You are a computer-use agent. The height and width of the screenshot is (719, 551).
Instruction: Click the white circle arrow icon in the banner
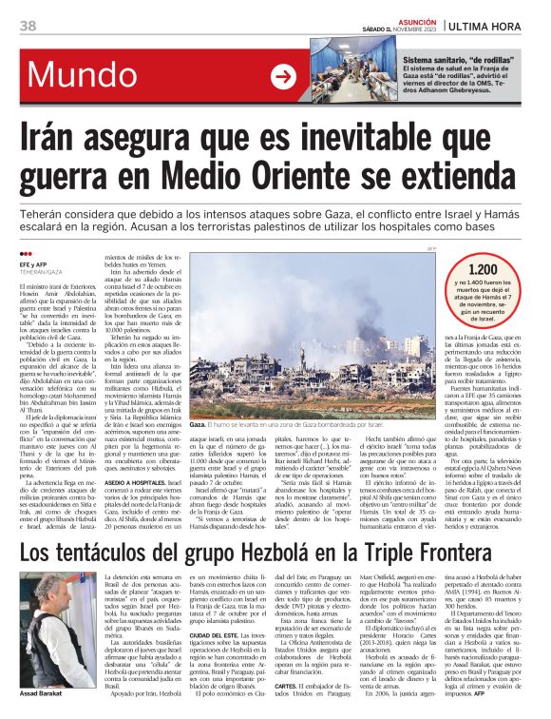[283, 76]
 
